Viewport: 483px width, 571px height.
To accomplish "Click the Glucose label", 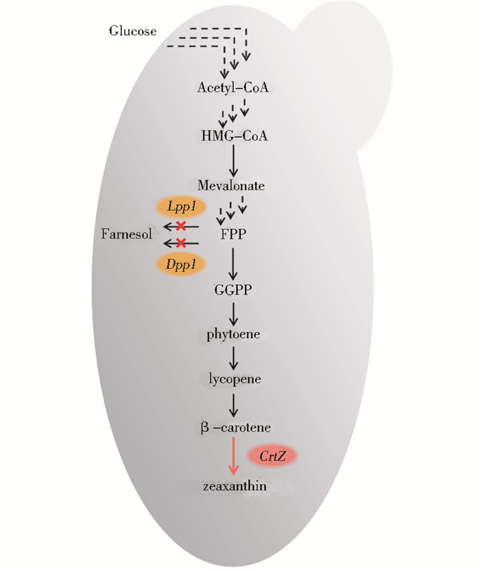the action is pyautogui.click(x=133, y=31).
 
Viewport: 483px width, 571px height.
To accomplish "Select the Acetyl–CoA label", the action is pyautogui.click(x=233, y=88).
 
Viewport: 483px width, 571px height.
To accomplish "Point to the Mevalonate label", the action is pyautogui.click(x=231, y=186).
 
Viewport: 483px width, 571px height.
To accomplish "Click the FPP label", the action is pyautogui.click(x=234, y=234).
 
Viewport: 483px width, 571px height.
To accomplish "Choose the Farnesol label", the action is pyautogui.click(x=127, y=234).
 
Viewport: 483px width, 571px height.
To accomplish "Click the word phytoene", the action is pyautogui.click(x=234, y=335).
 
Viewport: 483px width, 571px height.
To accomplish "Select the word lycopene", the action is pyautogui.click(x=234, y=379).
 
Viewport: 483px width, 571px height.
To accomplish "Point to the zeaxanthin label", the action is pyautogui.click(x=235, y=488).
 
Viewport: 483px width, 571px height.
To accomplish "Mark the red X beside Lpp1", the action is pyautogui.click(x=181, y=227).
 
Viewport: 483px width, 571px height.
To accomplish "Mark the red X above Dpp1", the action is pyautogui.click(x=181, y=243).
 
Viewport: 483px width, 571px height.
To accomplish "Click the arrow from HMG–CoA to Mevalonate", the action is pyautogui.click(x=234, y=161).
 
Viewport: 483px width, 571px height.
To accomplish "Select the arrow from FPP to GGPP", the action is pyautogui.click(x=234, y=262).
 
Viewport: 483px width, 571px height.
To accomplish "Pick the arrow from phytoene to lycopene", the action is pyautogui.click(x=234, y=357).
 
